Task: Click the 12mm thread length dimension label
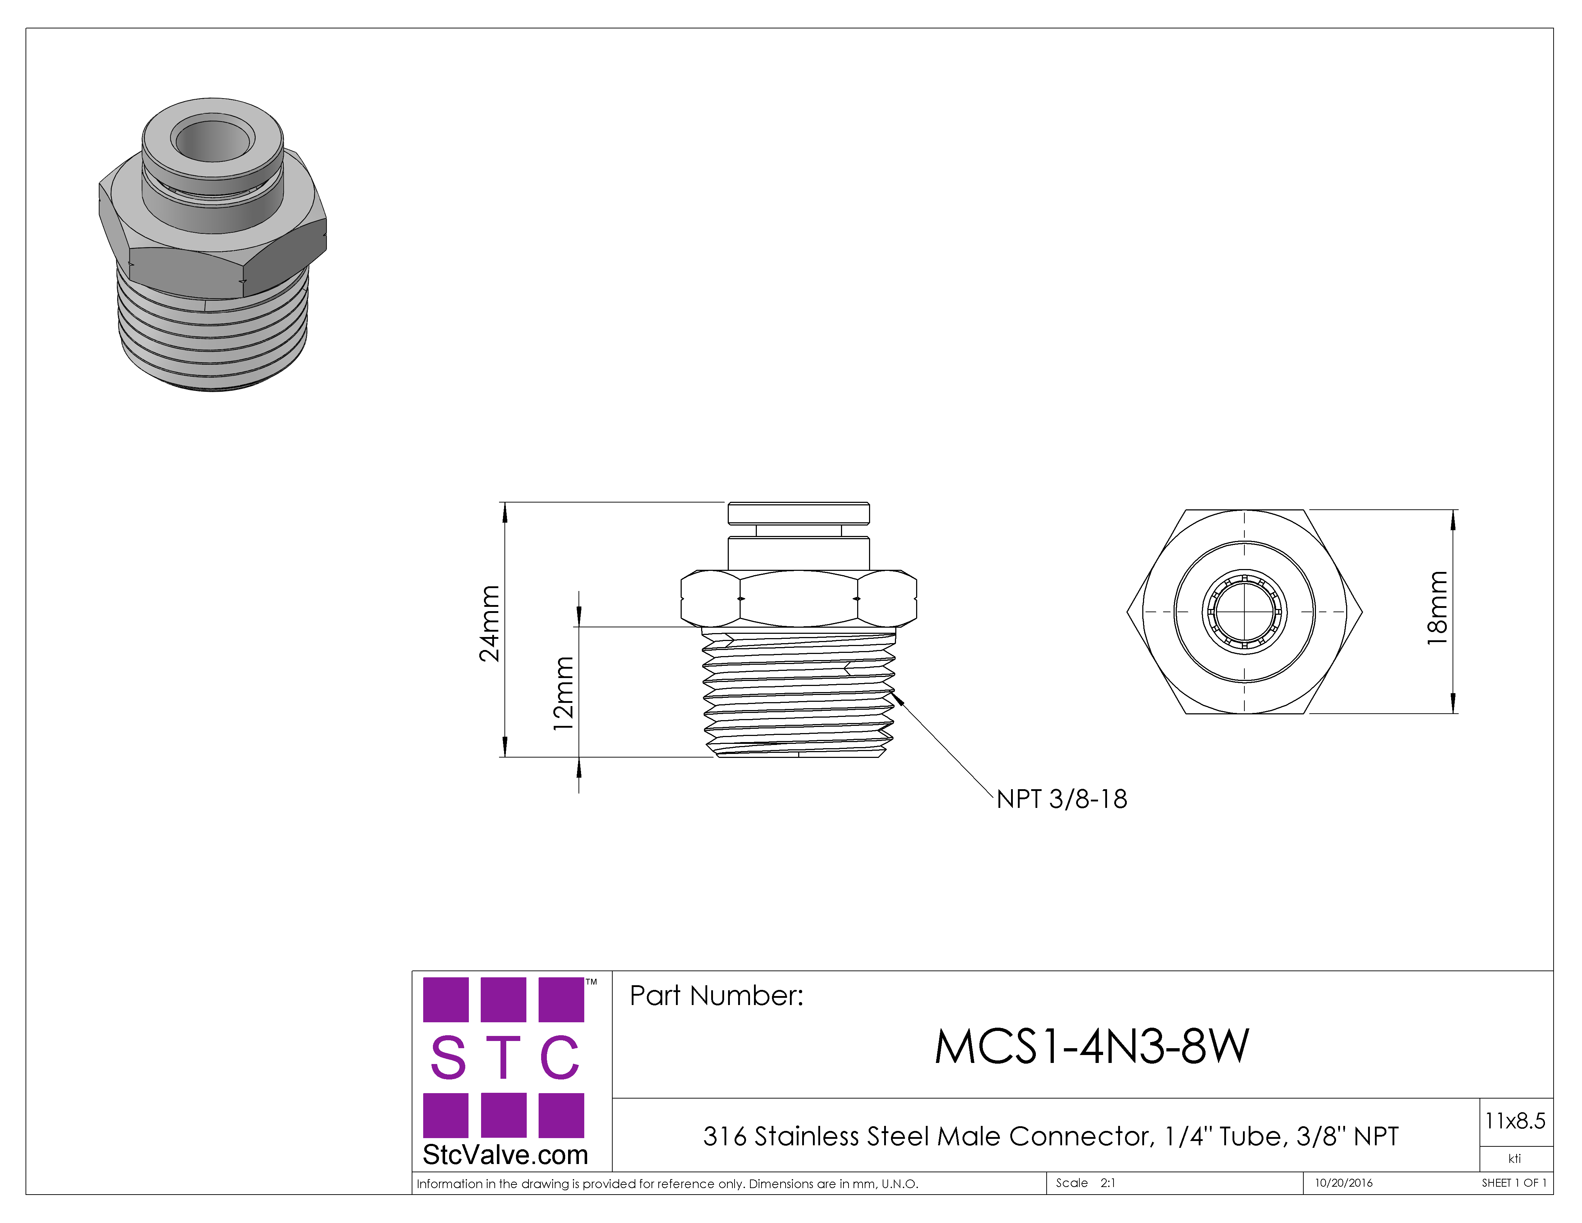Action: (x=563, y=694)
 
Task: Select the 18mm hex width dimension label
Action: (x=1436, y=609)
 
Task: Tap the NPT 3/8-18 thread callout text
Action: (x=1062, y=799)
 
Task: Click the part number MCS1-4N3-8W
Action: (x=1092, y=1046)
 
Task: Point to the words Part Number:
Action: (x=716, y=996)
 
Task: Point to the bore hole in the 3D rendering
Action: (x=211, y=141)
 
